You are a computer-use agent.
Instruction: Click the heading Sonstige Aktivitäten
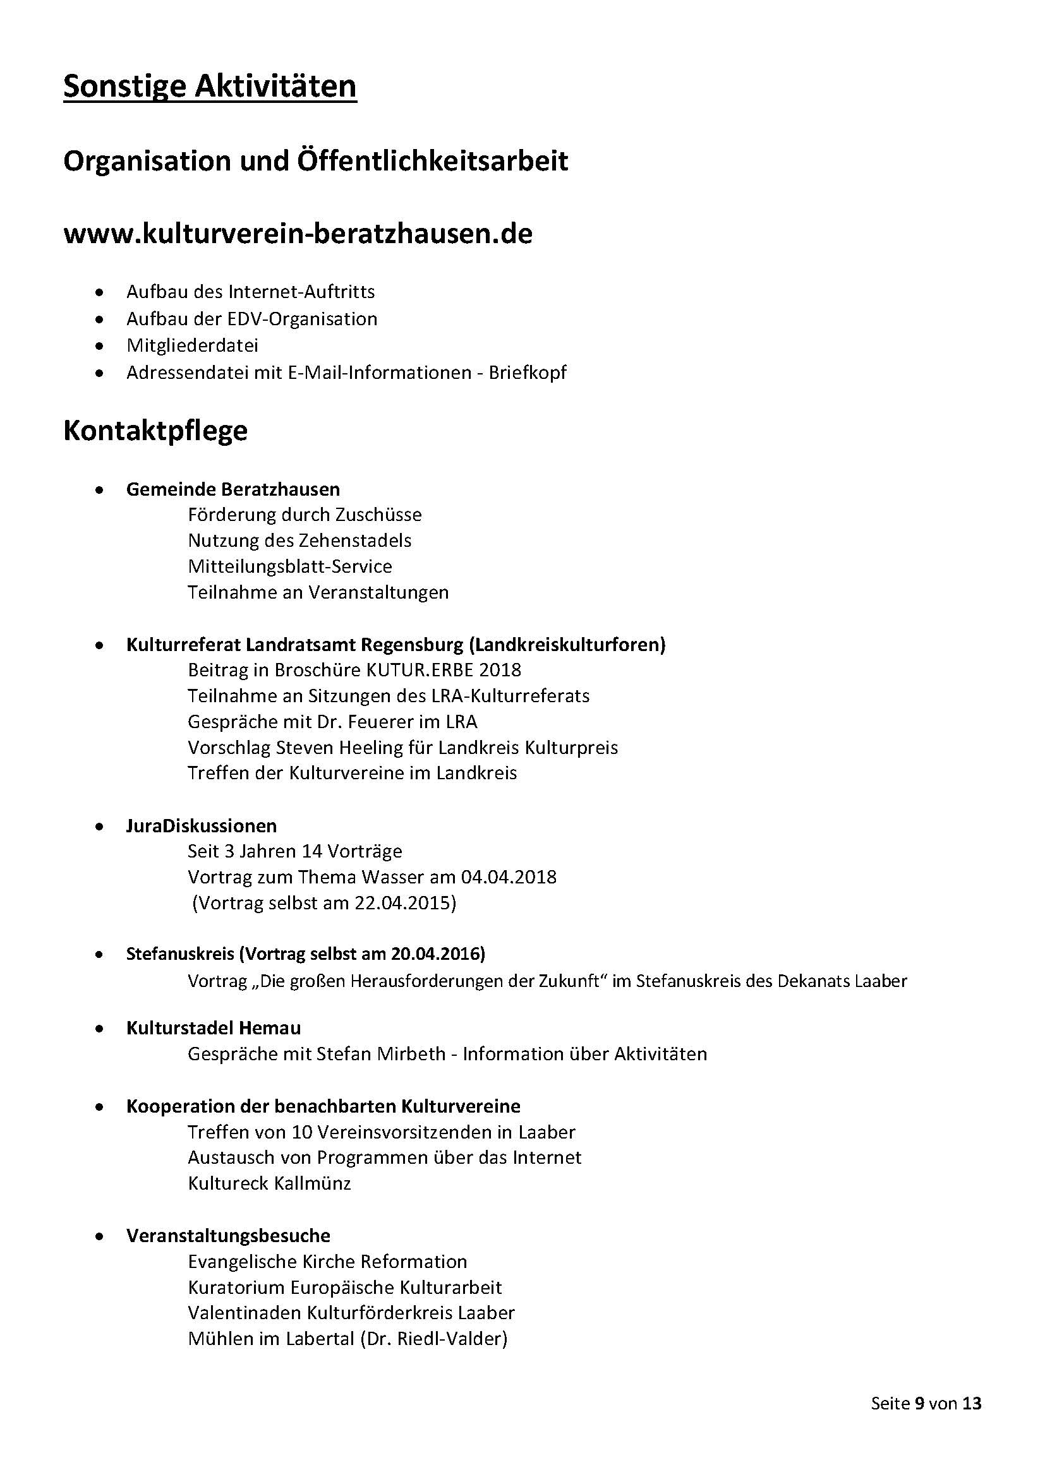[210, 87]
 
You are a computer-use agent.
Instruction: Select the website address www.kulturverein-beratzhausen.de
[298, 234]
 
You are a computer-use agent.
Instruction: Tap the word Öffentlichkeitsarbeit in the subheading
[432, 161]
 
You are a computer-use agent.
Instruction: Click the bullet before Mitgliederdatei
[99, 346]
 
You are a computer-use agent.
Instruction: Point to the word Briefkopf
[528, 373]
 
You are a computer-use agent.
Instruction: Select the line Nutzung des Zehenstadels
[299, 541]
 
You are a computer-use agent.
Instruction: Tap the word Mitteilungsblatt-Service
[289, 566]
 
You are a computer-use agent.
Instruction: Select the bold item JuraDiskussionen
[202, 826]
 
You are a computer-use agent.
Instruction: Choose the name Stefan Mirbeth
[381, 1054]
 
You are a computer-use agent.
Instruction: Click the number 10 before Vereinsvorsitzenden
[302, 1132]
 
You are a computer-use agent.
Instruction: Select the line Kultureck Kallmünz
[269, 1183]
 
